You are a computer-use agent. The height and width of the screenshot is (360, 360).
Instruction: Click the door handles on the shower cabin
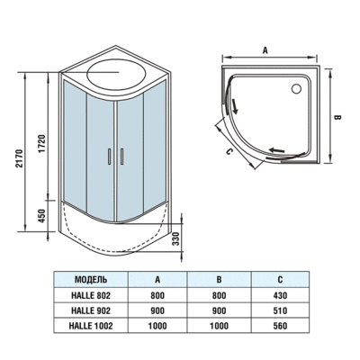point(112,155)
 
